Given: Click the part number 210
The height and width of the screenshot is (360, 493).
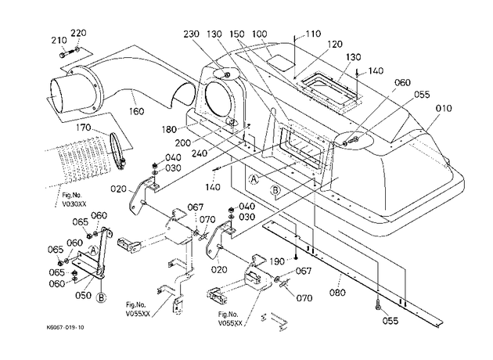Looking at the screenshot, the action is (x=59, y=41).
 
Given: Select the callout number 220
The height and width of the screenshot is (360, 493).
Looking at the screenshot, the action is (x=78, y=33).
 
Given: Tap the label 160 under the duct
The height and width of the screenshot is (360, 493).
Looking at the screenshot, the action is (x=136, y=111).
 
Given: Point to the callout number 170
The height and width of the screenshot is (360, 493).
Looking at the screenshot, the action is (x=83, y=128).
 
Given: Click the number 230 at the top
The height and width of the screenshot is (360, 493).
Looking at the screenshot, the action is (x=192, y=34).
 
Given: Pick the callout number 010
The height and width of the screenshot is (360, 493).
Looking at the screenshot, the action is (x=444, y=109).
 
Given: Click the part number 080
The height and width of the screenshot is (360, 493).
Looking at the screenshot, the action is (x=337, y=293).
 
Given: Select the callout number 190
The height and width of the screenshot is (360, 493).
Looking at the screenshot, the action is (x=277, y=261).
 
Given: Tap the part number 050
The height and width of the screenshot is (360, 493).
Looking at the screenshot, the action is (x=83, y=295).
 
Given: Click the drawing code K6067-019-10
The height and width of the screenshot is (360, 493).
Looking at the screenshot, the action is (x=66, y=328).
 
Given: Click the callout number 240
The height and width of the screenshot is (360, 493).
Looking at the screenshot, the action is (x=200, y=153).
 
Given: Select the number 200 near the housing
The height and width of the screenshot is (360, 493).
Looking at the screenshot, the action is (x=182, y=143).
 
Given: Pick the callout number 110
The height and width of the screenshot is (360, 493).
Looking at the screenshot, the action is (x=313, y=34).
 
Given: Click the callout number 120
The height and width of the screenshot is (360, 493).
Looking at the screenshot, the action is (x=334, y=44).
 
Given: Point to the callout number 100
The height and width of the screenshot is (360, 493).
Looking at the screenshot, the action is (x=259, y=34).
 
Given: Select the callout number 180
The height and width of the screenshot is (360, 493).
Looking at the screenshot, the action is (x=170, y=129).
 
